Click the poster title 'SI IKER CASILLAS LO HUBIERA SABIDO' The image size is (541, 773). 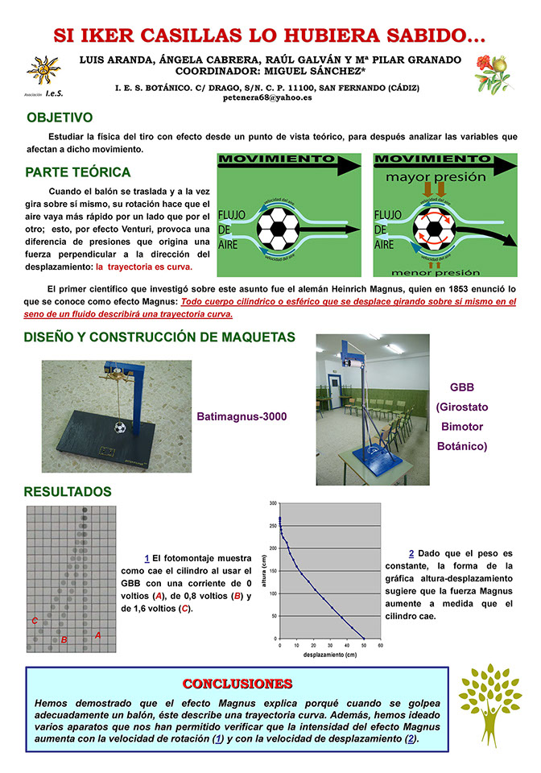269,36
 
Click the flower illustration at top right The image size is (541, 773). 492,69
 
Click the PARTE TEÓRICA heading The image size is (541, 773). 77,172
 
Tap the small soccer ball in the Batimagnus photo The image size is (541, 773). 120,428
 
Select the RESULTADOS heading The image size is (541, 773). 68,491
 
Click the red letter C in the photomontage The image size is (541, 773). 35,621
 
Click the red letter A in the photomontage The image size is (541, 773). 97,635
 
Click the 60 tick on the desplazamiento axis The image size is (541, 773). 380,645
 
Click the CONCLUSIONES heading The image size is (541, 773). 237,684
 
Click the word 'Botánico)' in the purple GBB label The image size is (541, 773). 463,445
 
